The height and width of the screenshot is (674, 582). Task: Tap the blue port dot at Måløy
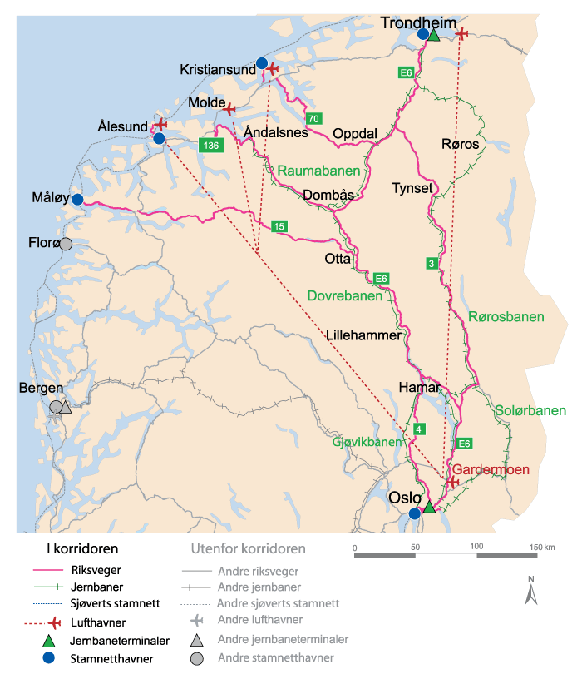tap(77, 200)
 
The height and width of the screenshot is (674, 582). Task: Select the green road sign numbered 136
tap(211, 146)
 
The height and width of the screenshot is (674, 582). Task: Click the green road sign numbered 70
tap(313, 118)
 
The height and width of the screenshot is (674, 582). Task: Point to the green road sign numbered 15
tap(279, 226)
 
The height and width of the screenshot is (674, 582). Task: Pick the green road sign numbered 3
tap(431, 264)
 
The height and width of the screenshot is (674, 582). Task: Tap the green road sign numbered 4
tap(418, 429)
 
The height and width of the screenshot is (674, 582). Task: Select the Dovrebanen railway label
tap(345, 295)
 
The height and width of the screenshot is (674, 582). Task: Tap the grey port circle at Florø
tap(66, 244)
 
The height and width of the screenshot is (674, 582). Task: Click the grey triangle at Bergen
tap(67, 407)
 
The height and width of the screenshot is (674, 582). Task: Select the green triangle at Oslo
tap(429, 507)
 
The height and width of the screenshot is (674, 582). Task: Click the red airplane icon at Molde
tap(229, 108)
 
